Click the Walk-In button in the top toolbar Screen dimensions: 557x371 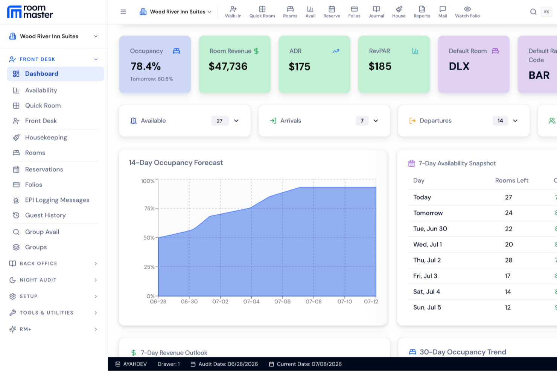click(233, 12)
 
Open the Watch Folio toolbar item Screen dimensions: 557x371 click(467, 12)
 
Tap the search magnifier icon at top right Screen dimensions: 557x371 click(533, 12)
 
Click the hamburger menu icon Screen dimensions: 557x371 click(123, 12)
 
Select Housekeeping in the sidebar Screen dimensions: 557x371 click(46, 137)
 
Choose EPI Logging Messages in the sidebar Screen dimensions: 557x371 click(57, 200)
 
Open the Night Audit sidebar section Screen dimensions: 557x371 click(38, 280)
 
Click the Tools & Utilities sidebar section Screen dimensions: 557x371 click(47, 313)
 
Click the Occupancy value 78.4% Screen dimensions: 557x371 click(146, 66)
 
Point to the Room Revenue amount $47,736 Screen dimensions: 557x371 click(228, 66)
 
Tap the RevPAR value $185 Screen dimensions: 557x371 click(380, 66)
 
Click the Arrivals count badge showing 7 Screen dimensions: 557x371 click(362, 121)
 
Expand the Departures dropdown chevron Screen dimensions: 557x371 click(515, 121)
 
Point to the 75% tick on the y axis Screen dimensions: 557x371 click(149, 208)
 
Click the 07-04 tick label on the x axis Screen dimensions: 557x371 click(251, 301)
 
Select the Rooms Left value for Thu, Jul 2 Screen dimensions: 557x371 click(508, 260)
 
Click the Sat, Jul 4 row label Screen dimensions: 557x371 click(426, 292)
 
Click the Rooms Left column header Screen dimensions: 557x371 click(511, 180)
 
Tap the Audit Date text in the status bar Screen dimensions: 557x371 click(228, 364)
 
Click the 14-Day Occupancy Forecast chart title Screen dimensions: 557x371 click(176, 163)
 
